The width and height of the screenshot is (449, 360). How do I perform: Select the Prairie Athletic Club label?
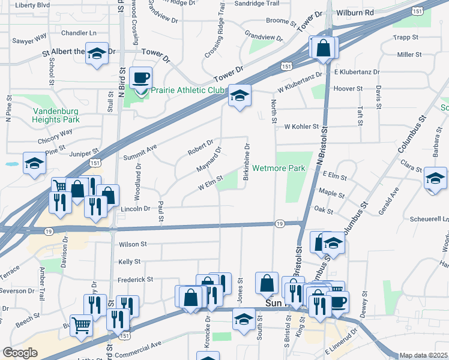187,90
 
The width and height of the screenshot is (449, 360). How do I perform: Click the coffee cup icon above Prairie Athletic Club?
140,78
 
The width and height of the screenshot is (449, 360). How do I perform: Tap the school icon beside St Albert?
96,54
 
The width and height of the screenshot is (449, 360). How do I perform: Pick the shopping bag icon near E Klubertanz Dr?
324,47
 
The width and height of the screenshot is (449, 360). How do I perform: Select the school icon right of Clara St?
435,178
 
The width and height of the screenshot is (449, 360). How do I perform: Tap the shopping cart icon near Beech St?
82,326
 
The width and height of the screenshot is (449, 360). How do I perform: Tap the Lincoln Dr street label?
135,209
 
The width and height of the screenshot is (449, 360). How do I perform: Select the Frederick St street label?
135,279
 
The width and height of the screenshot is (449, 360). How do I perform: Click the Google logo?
20,353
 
